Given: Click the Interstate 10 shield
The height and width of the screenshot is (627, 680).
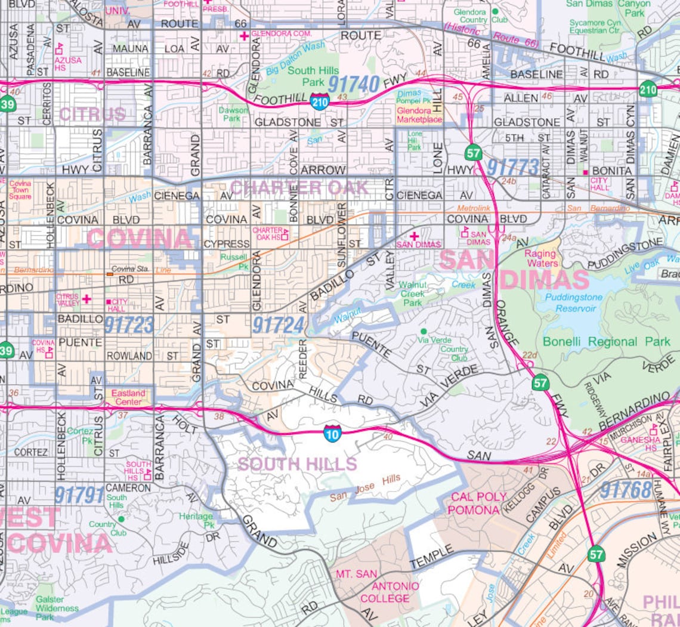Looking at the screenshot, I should pyautogui.click(x=333, y=434).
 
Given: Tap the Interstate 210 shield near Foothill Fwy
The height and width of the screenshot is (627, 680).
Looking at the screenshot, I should pyautogui.click(x=319, y=102).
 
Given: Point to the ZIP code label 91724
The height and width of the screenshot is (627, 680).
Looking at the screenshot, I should pyautogui.click(x=278, y=325).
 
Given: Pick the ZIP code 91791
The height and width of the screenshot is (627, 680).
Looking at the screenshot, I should pyautogui.click(x=79, y=495).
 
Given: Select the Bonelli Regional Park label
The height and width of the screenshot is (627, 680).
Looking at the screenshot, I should pyautogui.click(x=606, y=342).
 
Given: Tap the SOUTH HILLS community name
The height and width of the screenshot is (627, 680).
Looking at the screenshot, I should pyautogui.click(x=297, y=464).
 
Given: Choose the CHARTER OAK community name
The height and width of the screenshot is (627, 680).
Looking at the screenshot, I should pyautogui.click(x=299, y=187).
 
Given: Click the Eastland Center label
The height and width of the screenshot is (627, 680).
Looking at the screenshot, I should pyautogui.click(x=128, y=397).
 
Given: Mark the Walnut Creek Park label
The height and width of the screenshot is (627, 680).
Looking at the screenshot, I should pyautogui.click(x=413, y=294).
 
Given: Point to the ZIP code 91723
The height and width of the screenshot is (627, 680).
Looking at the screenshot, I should pyautogui.click(x=129, y=325).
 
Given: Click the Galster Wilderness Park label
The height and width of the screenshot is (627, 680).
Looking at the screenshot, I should pyautogui.click(x=57, y=608).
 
